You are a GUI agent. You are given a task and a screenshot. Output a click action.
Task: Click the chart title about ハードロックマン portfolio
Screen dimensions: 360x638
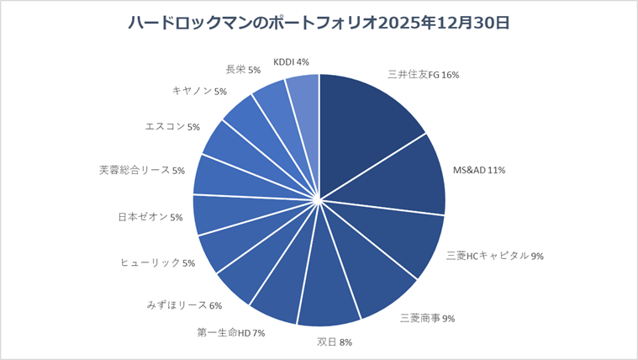(319, 24)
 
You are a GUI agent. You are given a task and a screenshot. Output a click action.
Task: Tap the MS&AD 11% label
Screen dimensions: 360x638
(479, 170)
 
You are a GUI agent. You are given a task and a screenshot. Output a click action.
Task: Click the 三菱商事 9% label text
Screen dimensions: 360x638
(427, 318)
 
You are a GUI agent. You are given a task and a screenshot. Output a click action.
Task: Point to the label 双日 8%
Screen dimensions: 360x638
(335, 342)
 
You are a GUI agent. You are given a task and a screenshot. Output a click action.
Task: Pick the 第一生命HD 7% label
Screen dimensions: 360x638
(231, 332)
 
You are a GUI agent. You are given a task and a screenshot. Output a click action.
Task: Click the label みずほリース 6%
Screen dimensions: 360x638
(183, 305)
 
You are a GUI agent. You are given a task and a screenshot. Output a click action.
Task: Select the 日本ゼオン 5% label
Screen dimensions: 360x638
(150, 217)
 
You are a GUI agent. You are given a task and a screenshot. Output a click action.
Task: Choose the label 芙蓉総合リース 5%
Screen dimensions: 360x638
(142, 170)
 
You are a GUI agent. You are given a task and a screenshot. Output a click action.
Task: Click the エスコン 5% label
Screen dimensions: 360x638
(172, 127)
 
